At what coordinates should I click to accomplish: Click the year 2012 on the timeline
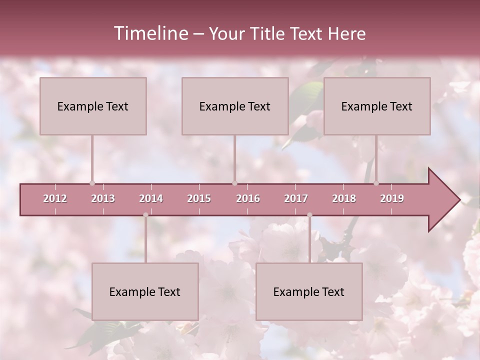click(55, 198)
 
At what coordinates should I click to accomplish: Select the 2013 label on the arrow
click(103, 198)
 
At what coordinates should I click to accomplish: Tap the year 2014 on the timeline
click(151, 198)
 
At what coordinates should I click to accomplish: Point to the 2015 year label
click(199, 198)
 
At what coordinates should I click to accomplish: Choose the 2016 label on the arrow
click(248, 198)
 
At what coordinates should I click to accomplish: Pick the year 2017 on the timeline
click(296, 198)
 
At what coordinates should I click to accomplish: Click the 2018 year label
click(344, 198)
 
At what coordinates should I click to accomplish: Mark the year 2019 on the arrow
click(392, 198)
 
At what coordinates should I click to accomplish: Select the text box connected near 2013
click(93, 106)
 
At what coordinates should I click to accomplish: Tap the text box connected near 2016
click(235, 106)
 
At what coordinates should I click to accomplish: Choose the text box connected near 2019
click(377, 106)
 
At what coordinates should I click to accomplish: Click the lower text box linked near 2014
click(145, 291)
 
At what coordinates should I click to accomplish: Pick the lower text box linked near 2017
click(309, 291)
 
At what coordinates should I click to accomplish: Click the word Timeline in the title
click(150, 33)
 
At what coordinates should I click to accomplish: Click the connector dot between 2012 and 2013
click(92, 183)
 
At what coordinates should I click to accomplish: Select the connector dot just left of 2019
click(376, 183)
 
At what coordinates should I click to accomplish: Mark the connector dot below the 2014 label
click(145, 215)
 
